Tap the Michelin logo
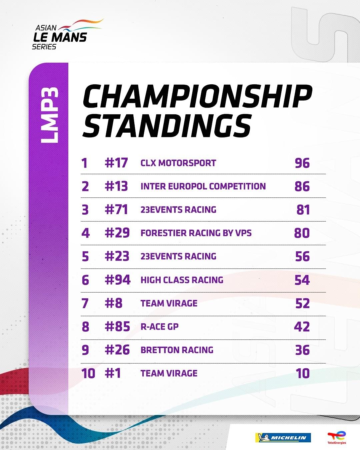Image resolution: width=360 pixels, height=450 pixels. point(283,438)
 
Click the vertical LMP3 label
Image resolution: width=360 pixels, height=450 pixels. point(49,115)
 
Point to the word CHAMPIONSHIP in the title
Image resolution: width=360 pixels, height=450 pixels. point(197,97)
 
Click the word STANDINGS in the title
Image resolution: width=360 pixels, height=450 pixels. point(167,126)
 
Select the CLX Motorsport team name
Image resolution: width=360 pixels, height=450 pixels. point(178,163)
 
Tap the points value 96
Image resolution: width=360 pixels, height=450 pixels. point(302,163)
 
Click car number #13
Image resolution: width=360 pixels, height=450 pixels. point(116,186)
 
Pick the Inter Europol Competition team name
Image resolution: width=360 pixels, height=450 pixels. point(203,186)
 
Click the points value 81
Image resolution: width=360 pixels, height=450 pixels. point(303,210)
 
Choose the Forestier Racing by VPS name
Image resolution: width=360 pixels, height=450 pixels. point(196,233)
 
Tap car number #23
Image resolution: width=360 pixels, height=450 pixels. point(117,256)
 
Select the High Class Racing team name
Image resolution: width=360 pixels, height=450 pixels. point(182,280)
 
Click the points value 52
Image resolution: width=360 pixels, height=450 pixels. point(302,303)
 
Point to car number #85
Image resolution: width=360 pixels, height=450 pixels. point(117,327)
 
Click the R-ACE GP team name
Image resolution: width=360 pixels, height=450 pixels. point(159,327)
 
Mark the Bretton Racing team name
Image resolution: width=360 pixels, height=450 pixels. point(177,350)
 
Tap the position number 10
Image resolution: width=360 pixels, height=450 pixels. point(88,373)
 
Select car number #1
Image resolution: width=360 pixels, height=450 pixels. point(113,373)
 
